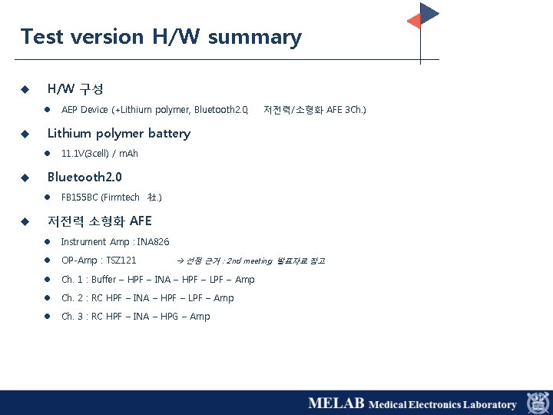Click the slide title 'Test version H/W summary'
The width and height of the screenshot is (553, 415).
[x=161, y=37]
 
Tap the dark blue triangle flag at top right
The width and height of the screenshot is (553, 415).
[x=429, y=13]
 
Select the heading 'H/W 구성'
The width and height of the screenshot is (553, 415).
[x=75, y=89]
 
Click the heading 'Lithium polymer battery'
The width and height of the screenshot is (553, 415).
[x=119, y=133]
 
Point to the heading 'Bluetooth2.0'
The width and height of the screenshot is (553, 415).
[x=84, y=178]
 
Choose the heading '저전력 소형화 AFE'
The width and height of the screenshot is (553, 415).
[x=100, y=221]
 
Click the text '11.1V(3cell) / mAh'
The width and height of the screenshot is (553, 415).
[x=100, y=154]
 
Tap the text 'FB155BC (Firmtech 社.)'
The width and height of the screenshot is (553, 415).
[x=111, y=198]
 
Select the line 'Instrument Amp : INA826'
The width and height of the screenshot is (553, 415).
[x=115, y=242]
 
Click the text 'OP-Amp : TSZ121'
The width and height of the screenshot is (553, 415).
[x=99, y=261]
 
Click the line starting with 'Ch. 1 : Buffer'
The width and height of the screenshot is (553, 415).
[x=157, y=280]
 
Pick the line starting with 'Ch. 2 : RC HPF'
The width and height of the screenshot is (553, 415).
[x=147, y=298]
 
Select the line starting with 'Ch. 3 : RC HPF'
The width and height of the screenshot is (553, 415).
[x=135, y=317]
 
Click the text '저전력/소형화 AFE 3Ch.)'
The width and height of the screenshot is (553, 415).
[x=315, y=110]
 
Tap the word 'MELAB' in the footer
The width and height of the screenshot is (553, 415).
[x=336, y=403]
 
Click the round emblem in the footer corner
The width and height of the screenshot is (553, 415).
[x=537, y=403]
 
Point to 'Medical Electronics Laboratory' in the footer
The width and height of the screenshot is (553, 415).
[x=442, y=404]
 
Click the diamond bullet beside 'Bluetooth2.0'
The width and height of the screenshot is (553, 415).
[x=25, y=178]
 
